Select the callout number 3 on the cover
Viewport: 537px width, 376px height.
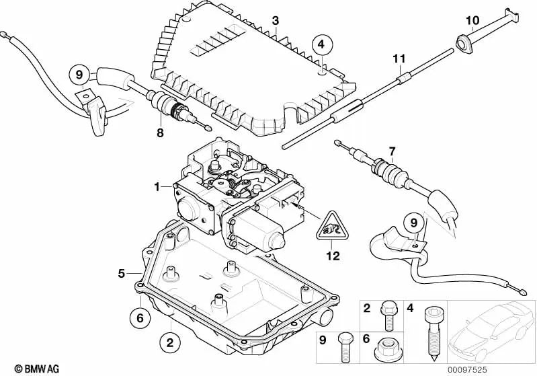(x=275, y=21)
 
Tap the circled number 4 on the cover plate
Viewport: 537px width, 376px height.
(x=321, y=44)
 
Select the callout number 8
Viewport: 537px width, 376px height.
(x=160, y=133)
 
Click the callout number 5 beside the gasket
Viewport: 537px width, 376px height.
(x=122, y=273)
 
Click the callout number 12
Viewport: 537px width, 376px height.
(x=333, y=256)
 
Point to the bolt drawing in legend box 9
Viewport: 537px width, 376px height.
(x=344, y=344)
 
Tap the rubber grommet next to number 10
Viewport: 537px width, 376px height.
(x=464, y=44)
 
